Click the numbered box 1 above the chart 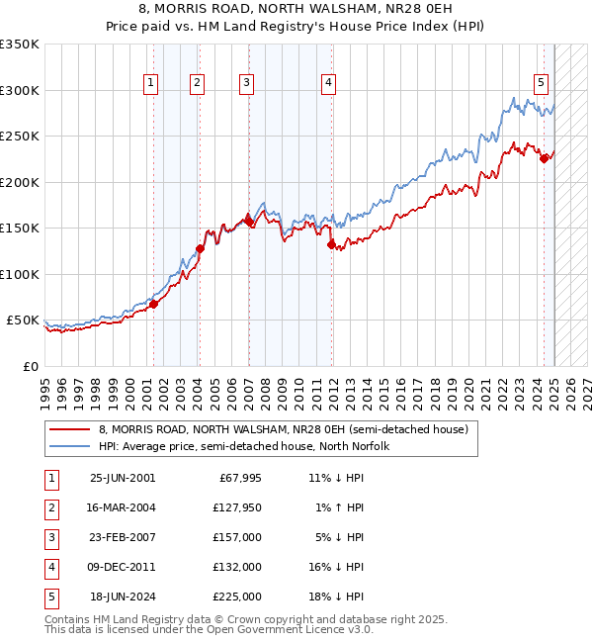click(x=151, y=84)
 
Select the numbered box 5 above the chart click(x=542, y=84)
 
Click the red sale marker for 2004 click(x=200, y=248)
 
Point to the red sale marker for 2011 click(x=331, y=244)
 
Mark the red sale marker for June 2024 click(x=544, y=158)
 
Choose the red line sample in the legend click(x=70, y=429)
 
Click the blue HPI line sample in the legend click(x=70, y=446)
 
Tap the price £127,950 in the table click(x=236, y=507)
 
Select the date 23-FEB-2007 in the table click(x=123, y=537)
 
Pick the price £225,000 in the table click(x=236, y=597)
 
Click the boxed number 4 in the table click(x=50, y=567)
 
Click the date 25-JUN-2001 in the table click(x=123, y=478)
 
